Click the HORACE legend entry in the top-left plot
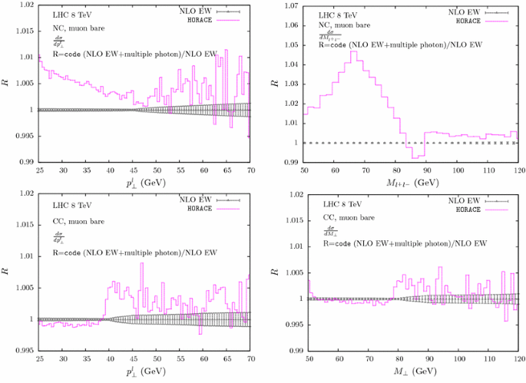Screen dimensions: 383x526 click(x=203, y=21)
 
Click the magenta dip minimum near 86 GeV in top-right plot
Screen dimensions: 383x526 click(x=415, y=157)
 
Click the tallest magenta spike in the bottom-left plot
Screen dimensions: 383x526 click(x=141, y=263)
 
